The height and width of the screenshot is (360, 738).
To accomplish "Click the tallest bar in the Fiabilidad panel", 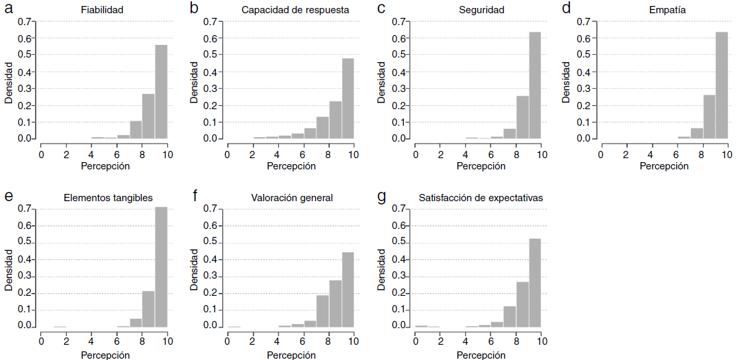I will [x=161, y=92].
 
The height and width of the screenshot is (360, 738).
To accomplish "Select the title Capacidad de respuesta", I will [x=295, y=11].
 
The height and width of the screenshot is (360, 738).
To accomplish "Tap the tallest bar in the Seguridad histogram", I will [x=535, y=85].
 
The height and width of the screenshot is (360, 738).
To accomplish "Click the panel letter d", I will [x=566, y=9].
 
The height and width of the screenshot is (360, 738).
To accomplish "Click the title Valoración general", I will [x=292, y=198].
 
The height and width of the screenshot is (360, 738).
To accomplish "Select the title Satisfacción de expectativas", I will [x=481, y=198].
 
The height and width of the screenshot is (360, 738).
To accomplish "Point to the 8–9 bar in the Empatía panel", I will [x=708, y=117].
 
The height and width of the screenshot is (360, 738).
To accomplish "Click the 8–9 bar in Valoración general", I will [x=335, y=303].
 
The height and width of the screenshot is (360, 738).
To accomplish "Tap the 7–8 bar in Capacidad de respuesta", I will [x=322, y=128].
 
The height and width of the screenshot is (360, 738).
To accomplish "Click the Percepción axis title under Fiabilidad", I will [x=105, y=166].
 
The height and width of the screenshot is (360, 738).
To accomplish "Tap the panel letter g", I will [x=380, y=196].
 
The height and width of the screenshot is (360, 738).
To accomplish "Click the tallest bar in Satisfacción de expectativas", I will [x=535, y=282].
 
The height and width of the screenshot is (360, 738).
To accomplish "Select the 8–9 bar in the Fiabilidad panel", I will [x=148, y=116].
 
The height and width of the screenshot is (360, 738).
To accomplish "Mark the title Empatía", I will [x=664, y=11].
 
